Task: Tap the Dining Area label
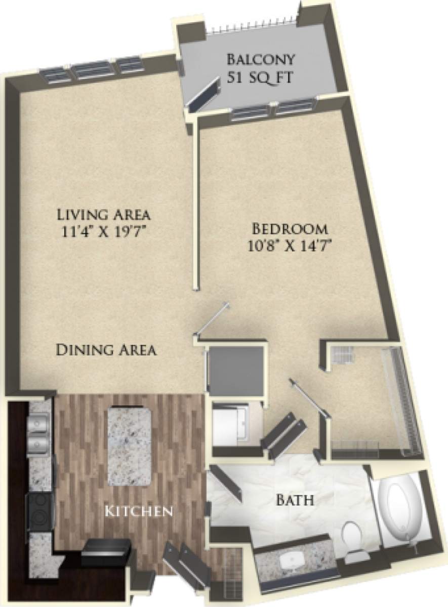(x=106, y=350)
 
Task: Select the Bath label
(x=295, y=501)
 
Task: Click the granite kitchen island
(x=130, y=445)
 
